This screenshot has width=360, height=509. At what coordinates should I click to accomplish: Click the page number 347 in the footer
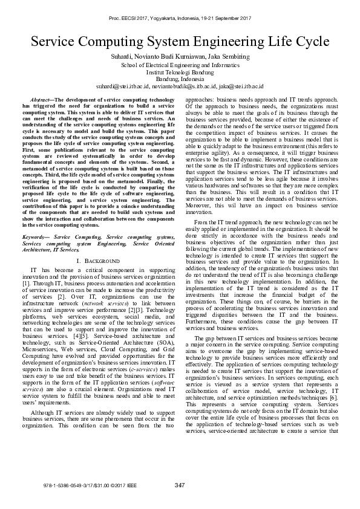point(179,485)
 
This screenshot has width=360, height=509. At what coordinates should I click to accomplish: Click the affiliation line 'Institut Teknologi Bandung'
point(180,71)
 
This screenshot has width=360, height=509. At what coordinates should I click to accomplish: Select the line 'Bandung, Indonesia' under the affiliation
point(180,78)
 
